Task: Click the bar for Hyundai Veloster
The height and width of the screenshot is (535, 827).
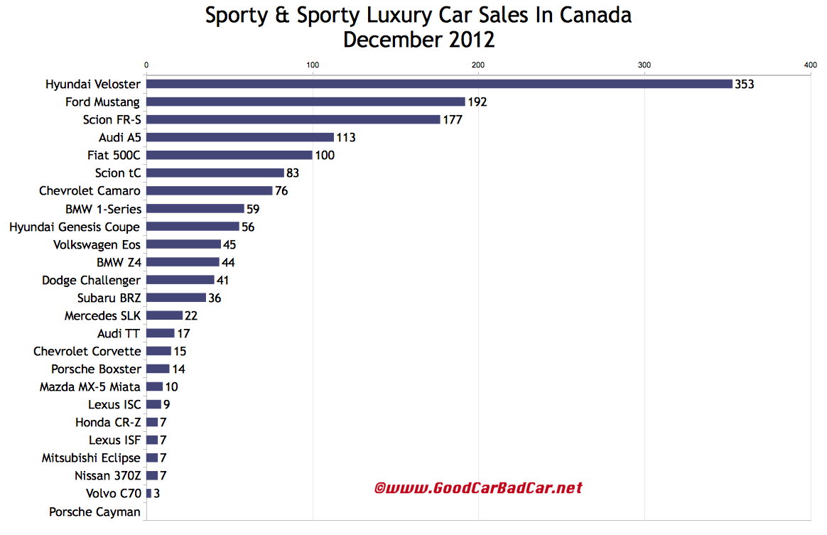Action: coord(439,84)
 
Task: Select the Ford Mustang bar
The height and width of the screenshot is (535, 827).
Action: coord(306,102)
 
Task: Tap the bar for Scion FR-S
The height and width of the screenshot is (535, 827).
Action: coord(293,119)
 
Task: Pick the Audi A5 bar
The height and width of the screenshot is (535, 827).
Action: coord(240,137)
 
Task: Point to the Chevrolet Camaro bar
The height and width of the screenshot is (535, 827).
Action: coord(210,190)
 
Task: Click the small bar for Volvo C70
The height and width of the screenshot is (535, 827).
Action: coord(148,493)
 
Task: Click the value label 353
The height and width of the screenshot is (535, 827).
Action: coord(744,84)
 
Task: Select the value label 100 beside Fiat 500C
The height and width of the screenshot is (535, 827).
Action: coord(325,155)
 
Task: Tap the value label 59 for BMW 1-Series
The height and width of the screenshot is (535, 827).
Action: coord(254,209)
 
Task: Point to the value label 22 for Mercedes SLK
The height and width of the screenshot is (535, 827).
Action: coord(191,315)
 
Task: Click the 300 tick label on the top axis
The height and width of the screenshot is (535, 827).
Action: coord(644,65)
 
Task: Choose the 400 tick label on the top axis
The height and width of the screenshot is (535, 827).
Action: coord(810,65)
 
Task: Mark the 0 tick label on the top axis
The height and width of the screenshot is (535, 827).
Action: coord(146,65)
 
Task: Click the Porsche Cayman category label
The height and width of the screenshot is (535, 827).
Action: coord(94,512)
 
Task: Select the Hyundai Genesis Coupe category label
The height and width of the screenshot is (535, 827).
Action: coord(75,227)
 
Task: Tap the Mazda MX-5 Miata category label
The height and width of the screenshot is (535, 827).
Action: coord(90,387)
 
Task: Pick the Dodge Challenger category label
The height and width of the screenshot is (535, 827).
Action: coord(91,280)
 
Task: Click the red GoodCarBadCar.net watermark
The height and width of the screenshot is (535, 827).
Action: coord(478,488)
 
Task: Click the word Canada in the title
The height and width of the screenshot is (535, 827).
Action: coord(595,15)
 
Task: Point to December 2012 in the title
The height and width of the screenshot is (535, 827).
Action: coord(418,40)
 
